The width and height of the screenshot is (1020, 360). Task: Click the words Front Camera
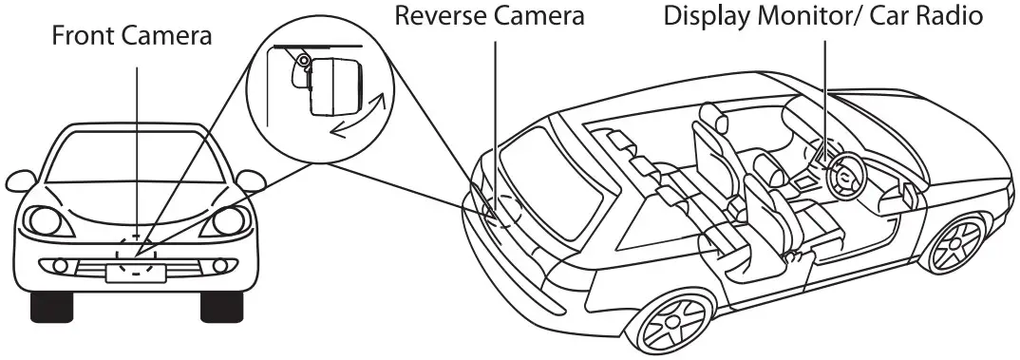click(133, 36)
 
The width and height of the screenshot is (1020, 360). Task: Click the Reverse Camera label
click(490, 16)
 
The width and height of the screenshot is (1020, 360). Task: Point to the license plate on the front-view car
click(135, 273)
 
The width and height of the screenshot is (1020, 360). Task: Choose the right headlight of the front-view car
click(230, 221)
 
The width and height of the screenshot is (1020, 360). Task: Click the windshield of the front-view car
click(135, 157)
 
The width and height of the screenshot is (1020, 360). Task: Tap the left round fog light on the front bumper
click(60, 263)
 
